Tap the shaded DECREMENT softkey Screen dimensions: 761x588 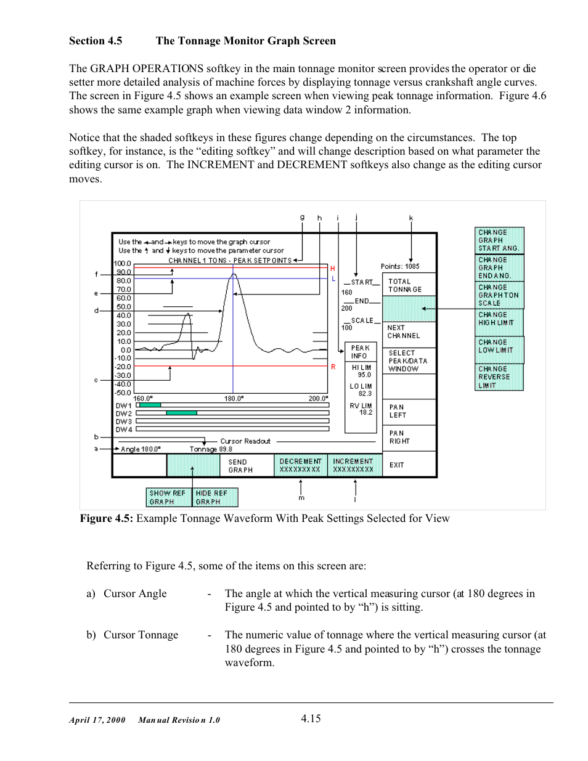click(300, 465)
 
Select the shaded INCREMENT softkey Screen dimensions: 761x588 click(353, 465)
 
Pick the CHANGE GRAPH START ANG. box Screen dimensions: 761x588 click(499, 240)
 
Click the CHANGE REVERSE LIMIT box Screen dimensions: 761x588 click(499, 377)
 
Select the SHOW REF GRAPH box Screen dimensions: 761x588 click(168, 497)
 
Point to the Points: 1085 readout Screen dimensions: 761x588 click(400, 266)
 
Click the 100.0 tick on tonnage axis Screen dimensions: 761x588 click(123, 264)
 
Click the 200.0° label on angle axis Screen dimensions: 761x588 click(318, 399)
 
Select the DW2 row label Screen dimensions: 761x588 click(123, 413)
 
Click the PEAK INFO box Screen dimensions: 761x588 click(361, 352)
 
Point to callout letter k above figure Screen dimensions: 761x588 click(411, 218)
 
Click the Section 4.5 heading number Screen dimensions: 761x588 click(96, 41)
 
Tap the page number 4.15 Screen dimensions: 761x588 click(311, 718)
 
